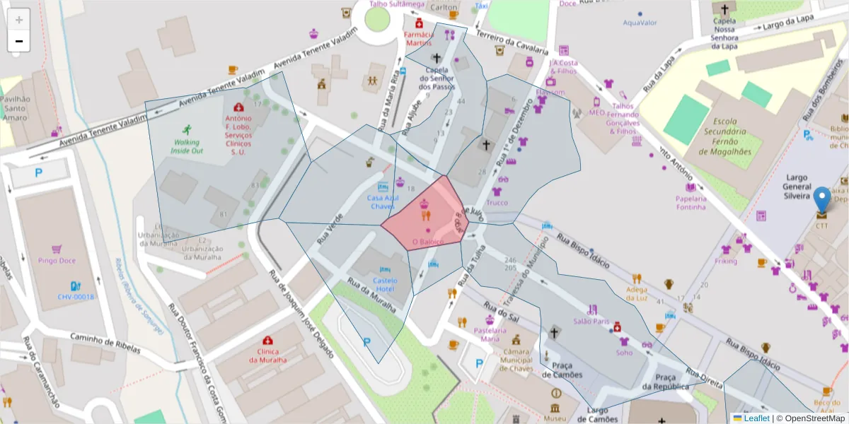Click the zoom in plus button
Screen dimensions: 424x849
coord(19,20)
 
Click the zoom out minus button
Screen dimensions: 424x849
coord(19,42)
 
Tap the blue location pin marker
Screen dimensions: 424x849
coord(821,200)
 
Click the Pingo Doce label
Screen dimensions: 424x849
coord(57,261)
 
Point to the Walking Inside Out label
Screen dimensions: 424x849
coord(186,146)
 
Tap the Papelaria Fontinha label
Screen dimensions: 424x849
coord(691,203)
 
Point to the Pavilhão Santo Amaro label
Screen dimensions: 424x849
coord(15,108)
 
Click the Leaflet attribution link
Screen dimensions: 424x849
coord(756,418)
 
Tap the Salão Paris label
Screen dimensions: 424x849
coord(591,321)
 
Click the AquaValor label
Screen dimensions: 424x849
coord(640,23)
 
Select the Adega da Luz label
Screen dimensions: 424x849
coord(636,293)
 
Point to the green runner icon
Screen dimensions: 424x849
coord(187,129)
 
